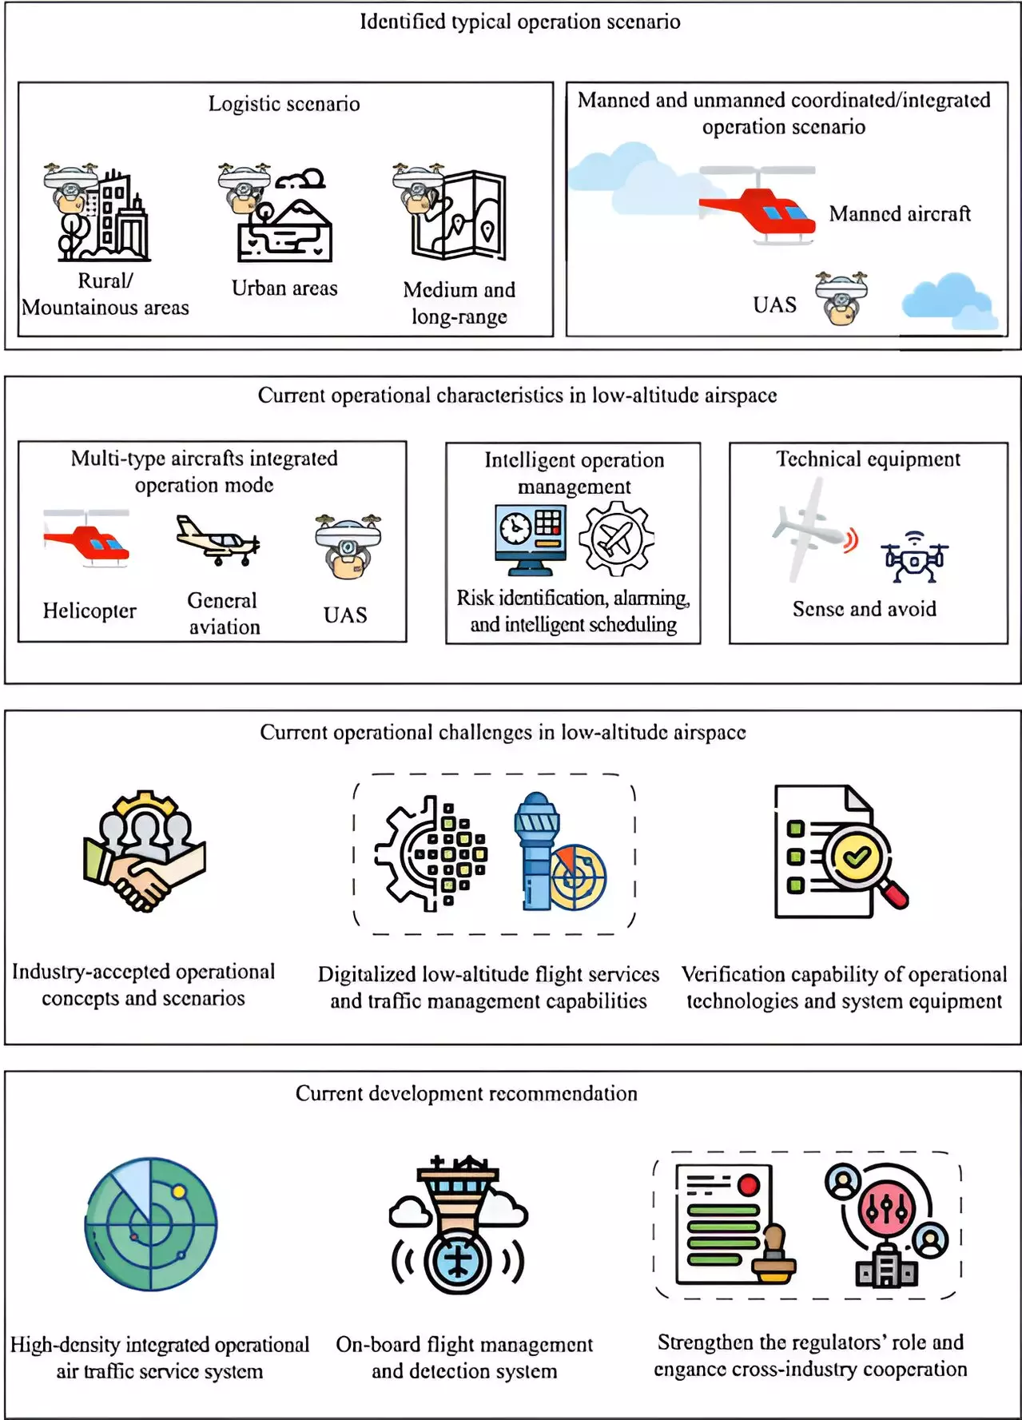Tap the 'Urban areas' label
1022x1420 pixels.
tap(284, 288)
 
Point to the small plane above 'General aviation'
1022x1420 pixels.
tap(217, 541)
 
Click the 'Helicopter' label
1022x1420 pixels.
tap(89, 611)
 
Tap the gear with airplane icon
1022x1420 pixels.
tap(616, 539)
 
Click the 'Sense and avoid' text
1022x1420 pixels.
tap(864, 610)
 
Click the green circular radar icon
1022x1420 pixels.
tap(151, 1223)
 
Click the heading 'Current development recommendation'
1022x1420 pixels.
tap(466, 1093)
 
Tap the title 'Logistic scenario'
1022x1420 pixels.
tap(284, 104)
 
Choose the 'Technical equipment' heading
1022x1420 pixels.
tap(868, 459)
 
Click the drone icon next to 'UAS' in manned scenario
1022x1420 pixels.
tap(841, 299)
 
